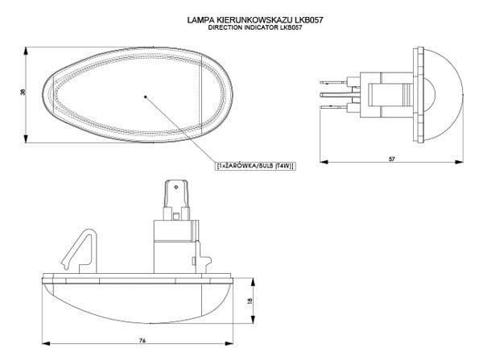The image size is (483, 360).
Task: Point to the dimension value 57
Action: [391, 159]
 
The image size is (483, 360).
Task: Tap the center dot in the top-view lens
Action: [145, 96]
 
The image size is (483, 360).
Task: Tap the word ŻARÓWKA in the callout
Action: [241, 166]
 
